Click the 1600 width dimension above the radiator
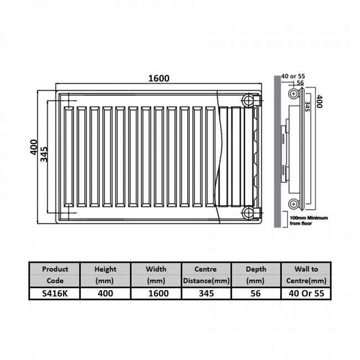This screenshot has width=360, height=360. [x=158, y=79]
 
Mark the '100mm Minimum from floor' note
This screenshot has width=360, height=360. [x=308, y=221]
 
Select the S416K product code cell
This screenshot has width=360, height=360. [x=55, y=294]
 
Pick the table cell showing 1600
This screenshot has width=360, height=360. [x=156, y=294]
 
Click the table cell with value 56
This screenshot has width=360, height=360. [x=255, y=294]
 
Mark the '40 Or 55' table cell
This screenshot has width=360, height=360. [x=306, y=294]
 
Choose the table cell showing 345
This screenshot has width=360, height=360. [x=206, y=294]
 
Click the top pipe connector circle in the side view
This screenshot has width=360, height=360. [x=293, y=95]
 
